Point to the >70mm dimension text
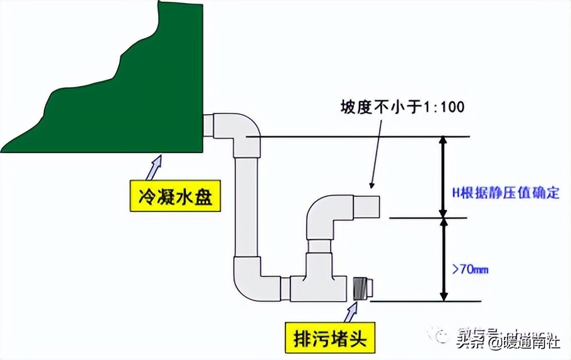tap(470, 270)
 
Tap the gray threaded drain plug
tap(363, 288)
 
